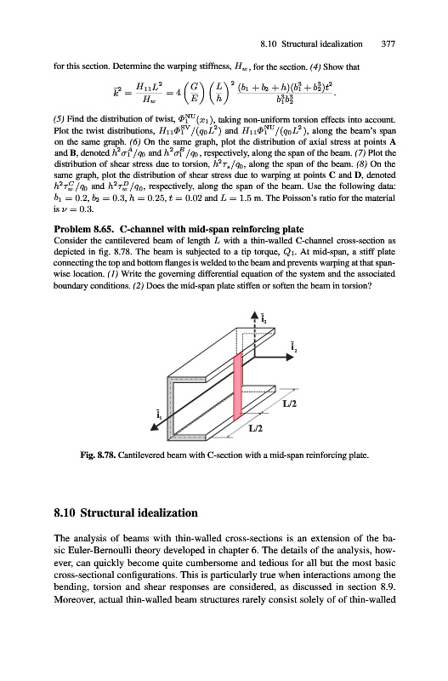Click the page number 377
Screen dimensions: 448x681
coord(388,44)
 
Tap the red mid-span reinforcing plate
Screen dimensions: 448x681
coord(238,386)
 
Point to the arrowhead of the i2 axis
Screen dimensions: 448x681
coord(290,357)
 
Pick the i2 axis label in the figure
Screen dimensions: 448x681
coord(293,346)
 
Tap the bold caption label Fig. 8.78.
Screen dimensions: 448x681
coord(98,455)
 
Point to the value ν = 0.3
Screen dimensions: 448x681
coord(70,209)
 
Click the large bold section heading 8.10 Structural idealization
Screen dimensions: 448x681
coord(126,513)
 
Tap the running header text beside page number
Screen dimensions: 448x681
coord(311,44)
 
